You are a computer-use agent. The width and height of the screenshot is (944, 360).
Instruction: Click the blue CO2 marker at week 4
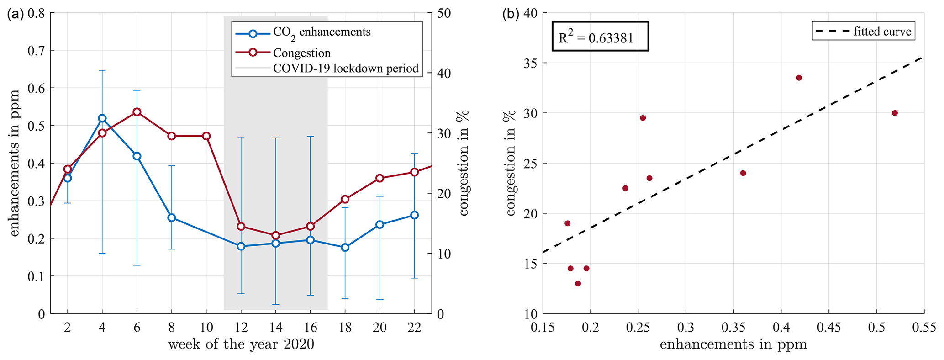click(102, 118)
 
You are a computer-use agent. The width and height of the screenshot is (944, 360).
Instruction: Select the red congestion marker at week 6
click(137, 112)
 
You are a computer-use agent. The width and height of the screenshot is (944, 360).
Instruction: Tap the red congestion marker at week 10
click(206, 136)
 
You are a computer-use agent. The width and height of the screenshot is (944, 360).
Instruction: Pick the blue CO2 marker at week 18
click(345, 247)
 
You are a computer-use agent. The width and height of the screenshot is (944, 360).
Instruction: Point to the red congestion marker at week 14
click(275, 235)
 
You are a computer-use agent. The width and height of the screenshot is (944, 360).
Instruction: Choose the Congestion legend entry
click(301, 53)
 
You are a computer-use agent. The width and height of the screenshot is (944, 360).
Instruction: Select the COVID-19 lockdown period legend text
click(345, 69)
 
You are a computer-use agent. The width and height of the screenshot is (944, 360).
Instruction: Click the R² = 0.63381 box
click(600, 36)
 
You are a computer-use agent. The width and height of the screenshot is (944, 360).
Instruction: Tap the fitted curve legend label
click(882, 32)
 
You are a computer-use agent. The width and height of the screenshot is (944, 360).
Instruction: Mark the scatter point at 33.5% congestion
click(799, 78)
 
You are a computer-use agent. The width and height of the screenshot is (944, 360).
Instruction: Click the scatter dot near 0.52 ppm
click(895, 113)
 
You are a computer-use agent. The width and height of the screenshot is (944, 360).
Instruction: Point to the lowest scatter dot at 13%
click(578, 283)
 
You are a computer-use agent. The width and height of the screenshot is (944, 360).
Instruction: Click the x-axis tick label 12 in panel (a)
click(241, 327)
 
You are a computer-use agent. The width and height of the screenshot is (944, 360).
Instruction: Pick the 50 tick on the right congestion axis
click(444, 13)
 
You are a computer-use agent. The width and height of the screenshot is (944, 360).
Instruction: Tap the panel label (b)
click(510, 14)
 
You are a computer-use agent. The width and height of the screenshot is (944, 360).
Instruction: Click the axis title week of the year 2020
click(241, 344)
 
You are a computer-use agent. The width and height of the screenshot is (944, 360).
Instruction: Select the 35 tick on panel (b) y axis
click(530, 63)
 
